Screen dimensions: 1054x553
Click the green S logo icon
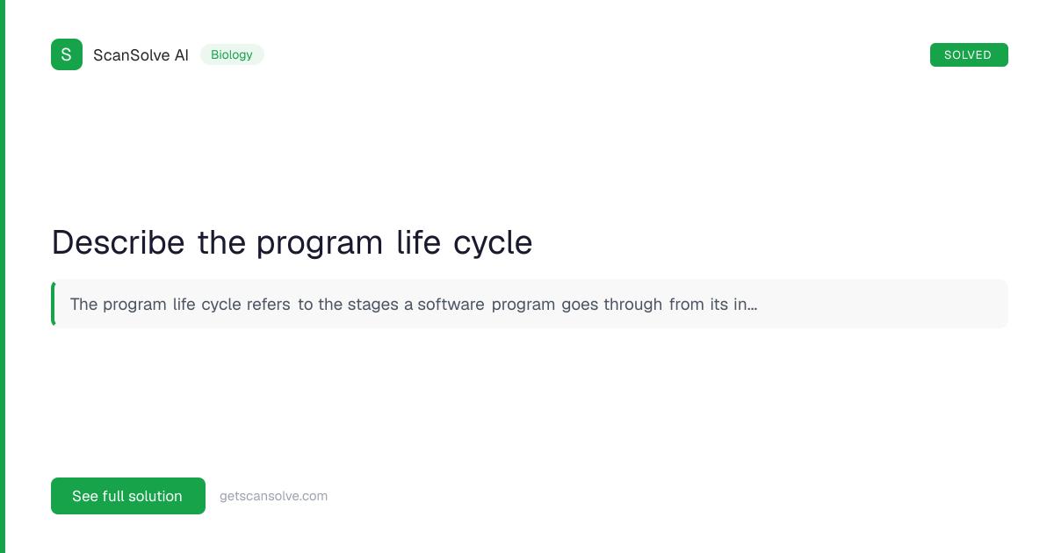tap(67, 54)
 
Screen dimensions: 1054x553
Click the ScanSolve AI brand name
tap(141, 55)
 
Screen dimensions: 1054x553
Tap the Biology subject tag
tap(232, 54)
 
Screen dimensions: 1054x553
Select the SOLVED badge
tap(969, 55)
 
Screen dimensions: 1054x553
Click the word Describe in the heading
tap(118, 242)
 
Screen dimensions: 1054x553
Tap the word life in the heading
tap(418, 242)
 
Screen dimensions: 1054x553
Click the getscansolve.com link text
tap(273, 496)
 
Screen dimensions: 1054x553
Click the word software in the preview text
tap(451, 305)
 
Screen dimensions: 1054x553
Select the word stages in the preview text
tap(372, 305)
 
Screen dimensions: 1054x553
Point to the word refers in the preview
tap(268, 305)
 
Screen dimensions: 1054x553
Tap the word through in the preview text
tap(633, 305)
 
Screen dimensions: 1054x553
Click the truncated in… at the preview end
tap(746, 305)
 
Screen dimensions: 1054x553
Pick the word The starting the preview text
tap(83, 305)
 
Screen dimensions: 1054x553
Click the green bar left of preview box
tap(54, 304)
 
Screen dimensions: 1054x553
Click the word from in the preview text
tap(687, 305)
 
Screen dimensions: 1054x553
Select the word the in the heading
tap(221, 242)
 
